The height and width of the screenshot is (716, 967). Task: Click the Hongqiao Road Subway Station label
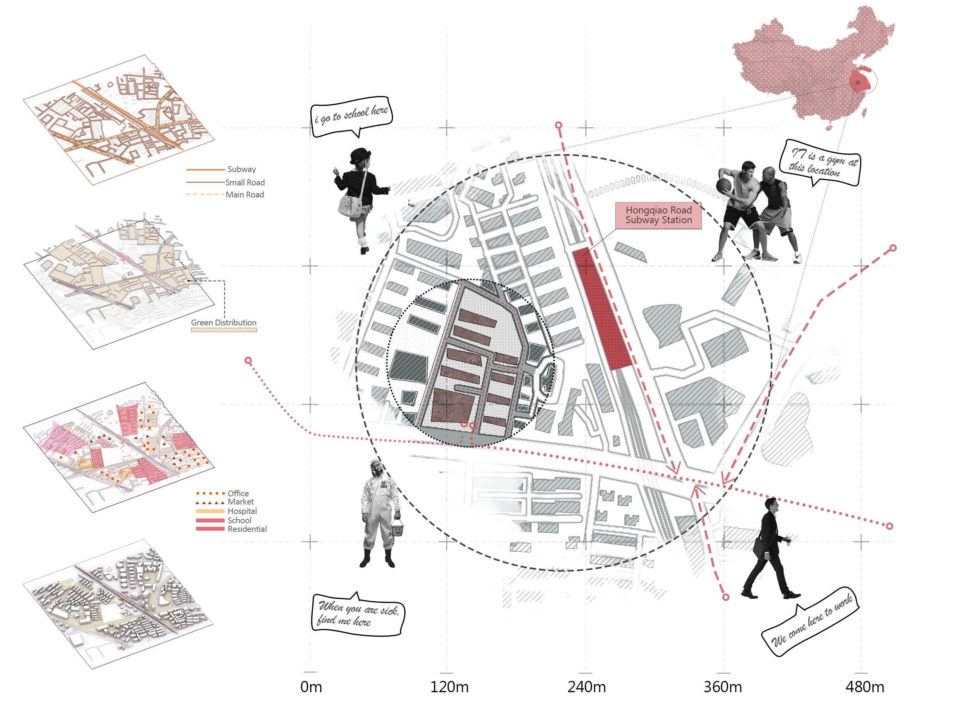tap(658, 215)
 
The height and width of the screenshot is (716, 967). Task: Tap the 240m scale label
tap(586, 687)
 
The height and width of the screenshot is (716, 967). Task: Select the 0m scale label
tap(311, 687)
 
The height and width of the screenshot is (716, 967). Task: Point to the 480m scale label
tap(865, 687)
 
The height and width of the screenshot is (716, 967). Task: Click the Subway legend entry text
tap(241, 169)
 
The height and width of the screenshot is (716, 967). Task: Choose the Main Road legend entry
tap(244, 195)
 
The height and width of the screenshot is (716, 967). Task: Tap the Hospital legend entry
tap(242, 511)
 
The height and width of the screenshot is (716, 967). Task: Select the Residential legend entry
tap(247, 529)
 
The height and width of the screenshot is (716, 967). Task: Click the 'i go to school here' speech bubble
tap(351, 114)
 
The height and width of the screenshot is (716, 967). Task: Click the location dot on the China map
tap(858, 82)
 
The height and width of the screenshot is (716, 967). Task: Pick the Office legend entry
tap(238, 493)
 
